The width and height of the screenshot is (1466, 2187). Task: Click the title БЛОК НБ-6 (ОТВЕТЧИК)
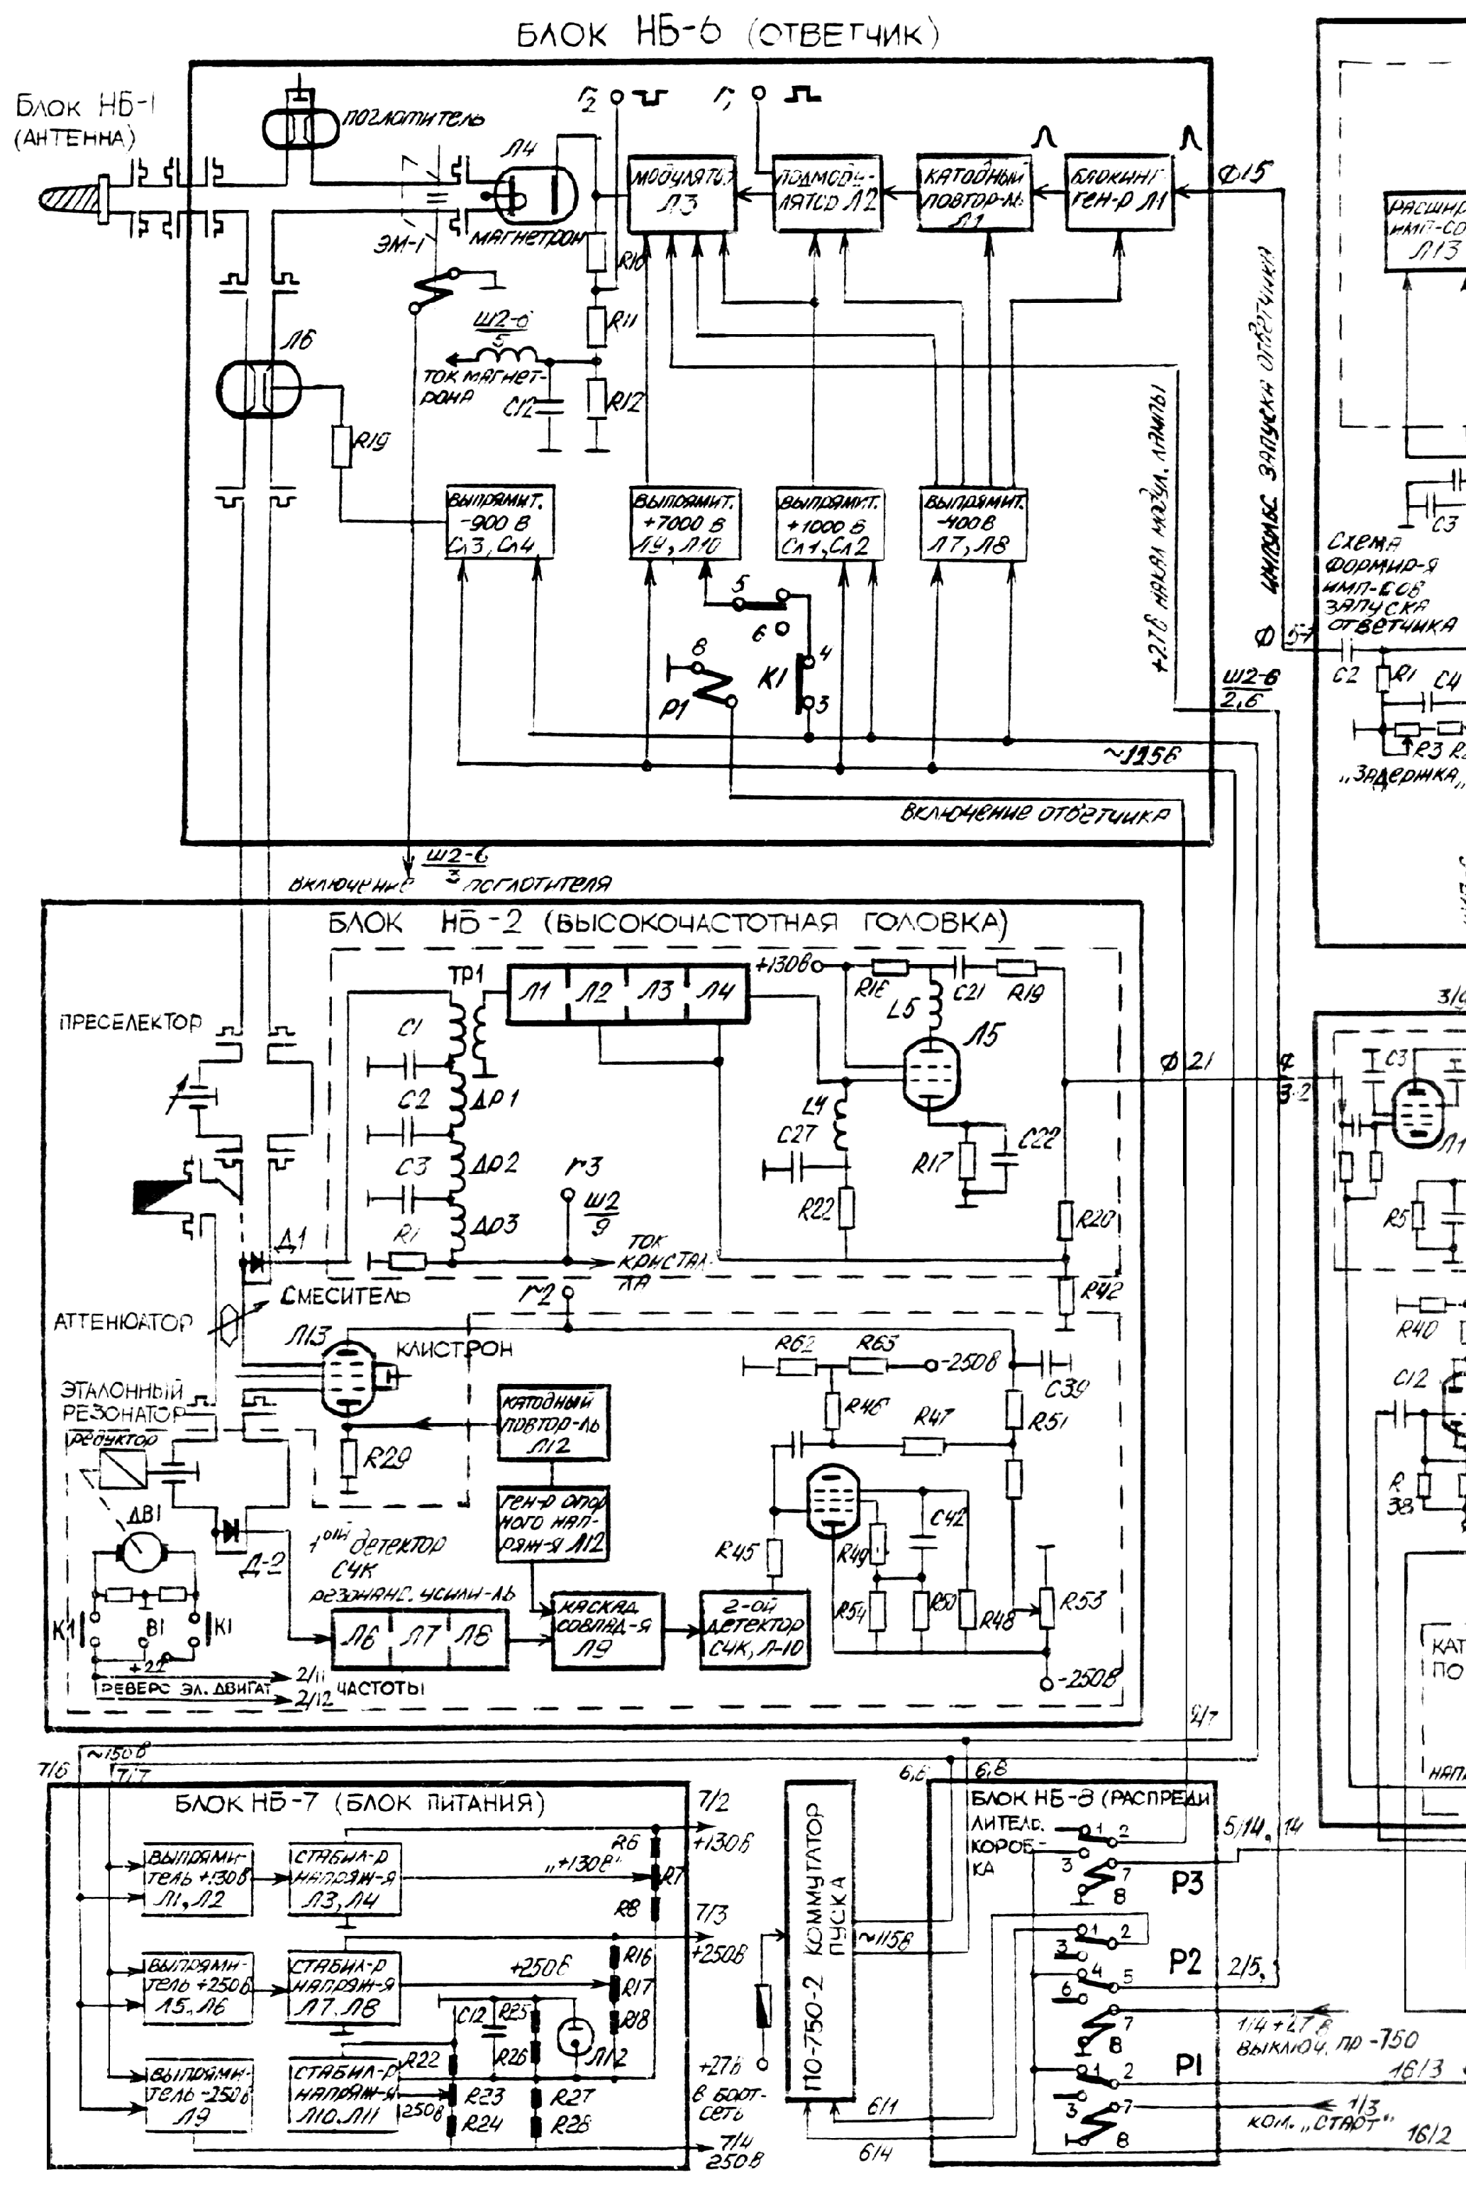[x=728, y=35]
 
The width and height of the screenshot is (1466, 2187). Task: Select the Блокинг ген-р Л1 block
[x=1119, y=194]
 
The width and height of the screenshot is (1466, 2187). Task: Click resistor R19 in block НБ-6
[x=341, y=447]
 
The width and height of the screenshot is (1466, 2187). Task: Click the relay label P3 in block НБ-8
[x=1186, y=1882]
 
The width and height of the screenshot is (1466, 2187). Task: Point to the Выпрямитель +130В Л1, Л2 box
[x=196, y=1881]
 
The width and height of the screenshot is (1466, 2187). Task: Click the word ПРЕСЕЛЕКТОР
[x=131, y=1022]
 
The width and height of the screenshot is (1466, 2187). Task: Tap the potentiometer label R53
[x=1084, y=1601]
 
